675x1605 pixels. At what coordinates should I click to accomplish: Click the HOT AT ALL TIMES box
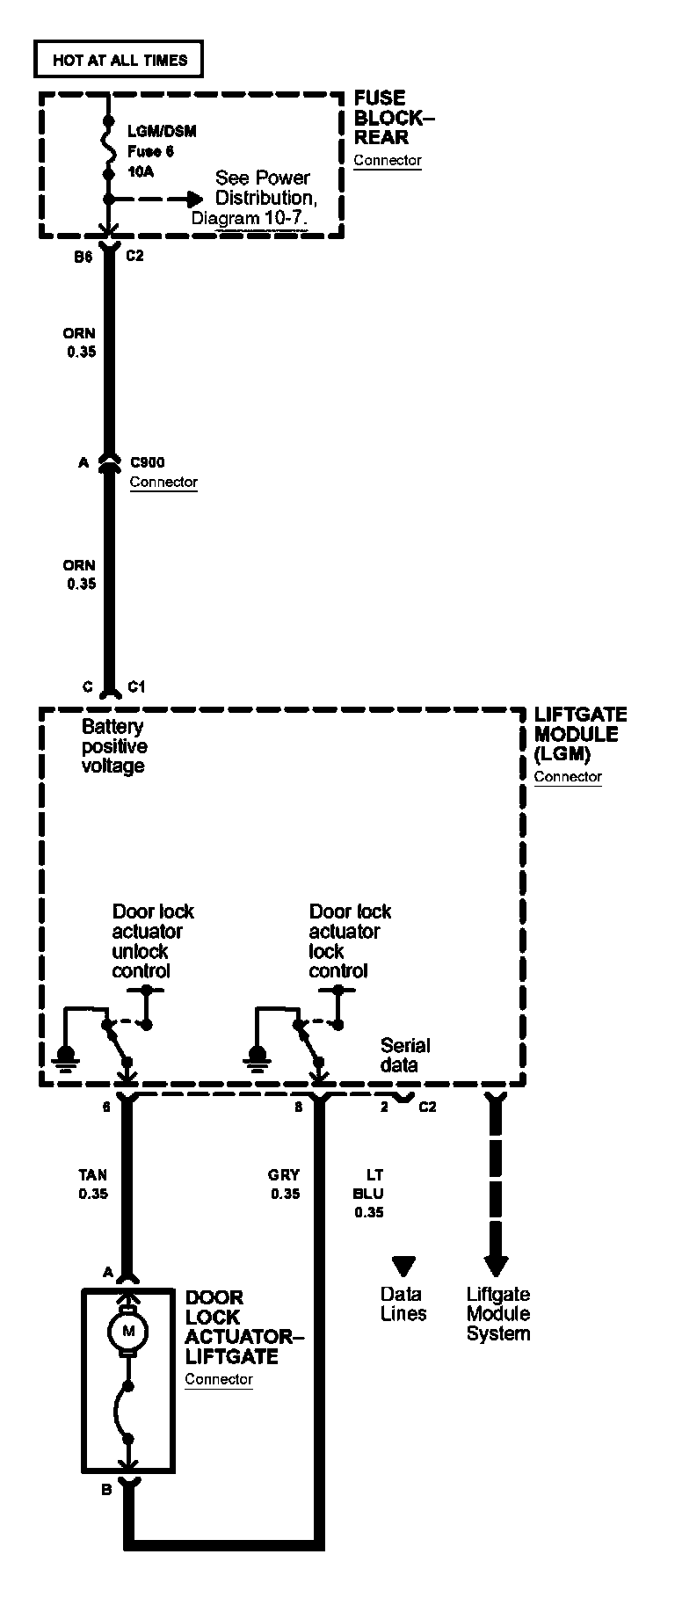pyautogui.click(x=120, y=60)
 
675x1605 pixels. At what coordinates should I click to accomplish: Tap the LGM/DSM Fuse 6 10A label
pyautogui.click(x=161, y=151)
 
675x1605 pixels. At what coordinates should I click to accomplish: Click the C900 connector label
pyautogui.click(x=147, y=462)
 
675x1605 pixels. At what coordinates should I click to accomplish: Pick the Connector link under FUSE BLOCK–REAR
pyautogui.click(x=388, y=161)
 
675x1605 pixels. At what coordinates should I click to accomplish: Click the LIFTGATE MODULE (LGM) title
pyautogui.click(x=580, y=734)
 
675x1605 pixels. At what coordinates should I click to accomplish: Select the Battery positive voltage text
pyautogui.click(x=114, y=746)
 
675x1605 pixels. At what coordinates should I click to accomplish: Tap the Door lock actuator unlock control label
pyautogui.click(x=153, y=940)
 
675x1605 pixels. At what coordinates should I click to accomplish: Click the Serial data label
pyautogui.click(x=405, y=1055)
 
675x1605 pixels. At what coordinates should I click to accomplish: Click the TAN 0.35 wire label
pyautogui.click(x=92, y=1184)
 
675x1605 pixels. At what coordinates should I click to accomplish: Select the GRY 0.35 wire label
pyautogui.click(x=285, y=1184)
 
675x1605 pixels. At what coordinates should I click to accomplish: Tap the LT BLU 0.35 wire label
pyautogui.click(x=369, y=1193)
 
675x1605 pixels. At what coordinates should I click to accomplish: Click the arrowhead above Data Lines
pyautogui.click(x=403, y=1266)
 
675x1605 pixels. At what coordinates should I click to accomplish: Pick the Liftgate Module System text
pyautogui.click(x=498, y=1313)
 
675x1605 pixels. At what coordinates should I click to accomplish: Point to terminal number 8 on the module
pyautogui.click(x=299, y=1107)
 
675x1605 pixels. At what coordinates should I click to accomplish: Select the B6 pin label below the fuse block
pyautogui.click(x=83, y=257)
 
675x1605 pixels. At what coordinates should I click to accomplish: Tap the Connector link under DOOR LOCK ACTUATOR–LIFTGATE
pyautogui.click(x=219, y=1379)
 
